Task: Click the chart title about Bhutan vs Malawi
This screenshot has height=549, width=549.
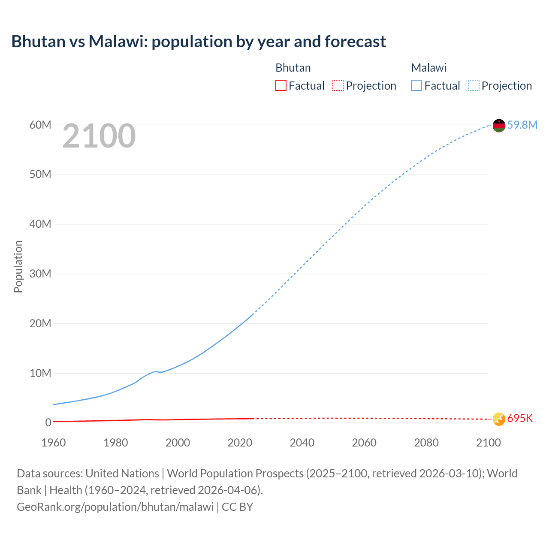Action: [x=199, y=42]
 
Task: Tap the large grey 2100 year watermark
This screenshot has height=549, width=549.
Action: [x=99, y=136]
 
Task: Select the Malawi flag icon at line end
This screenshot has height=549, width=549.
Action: [x=499, y=125]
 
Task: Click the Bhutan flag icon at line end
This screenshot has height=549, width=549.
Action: [x=499, y=419]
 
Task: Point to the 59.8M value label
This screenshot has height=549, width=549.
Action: [x=522, y=125]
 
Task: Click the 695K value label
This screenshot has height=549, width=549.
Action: [x=520, y=419]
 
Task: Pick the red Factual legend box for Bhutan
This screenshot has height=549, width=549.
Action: [x=281, y=86]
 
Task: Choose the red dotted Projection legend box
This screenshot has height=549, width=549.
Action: [x=338, y=86]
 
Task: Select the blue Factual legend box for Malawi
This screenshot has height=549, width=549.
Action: [x=416, y=86]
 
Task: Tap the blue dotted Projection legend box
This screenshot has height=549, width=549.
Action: [x=474, y=86]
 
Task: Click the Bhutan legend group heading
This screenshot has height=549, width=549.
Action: [x=293, y=68]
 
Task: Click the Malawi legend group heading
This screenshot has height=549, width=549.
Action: [x=428, y=68]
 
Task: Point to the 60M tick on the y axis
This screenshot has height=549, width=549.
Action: [x=40, y=125]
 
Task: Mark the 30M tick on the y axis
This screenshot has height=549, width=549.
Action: [x=40, y=274]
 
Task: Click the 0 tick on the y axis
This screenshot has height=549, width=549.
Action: [x=48, y=422]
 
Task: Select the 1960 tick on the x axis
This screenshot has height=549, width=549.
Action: [x=54, y=443]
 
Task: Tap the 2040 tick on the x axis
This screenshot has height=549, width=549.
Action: [x=302, y=443]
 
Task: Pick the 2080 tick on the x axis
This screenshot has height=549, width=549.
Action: [x=426, y=443]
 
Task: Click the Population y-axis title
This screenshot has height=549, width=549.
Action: [x=18, y=266]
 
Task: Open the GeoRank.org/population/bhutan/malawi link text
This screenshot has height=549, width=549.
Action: [x=115, y=507]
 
